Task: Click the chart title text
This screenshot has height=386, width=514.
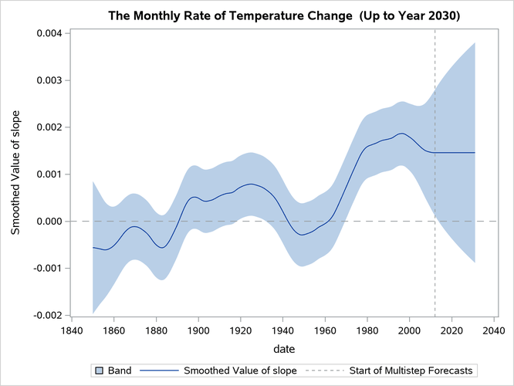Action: click(284, 15)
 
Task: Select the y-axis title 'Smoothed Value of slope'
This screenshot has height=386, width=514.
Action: click(15, 174)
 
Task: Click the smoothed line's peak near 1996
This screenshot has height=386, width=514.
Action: click(401, 134)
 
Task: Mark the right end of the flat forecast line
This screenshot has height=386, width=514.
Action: click(475, 153)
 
